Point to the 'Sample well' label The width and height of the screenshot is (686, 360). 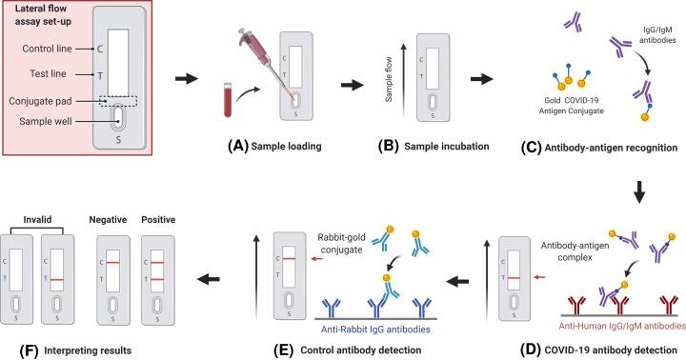point(45,121)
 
